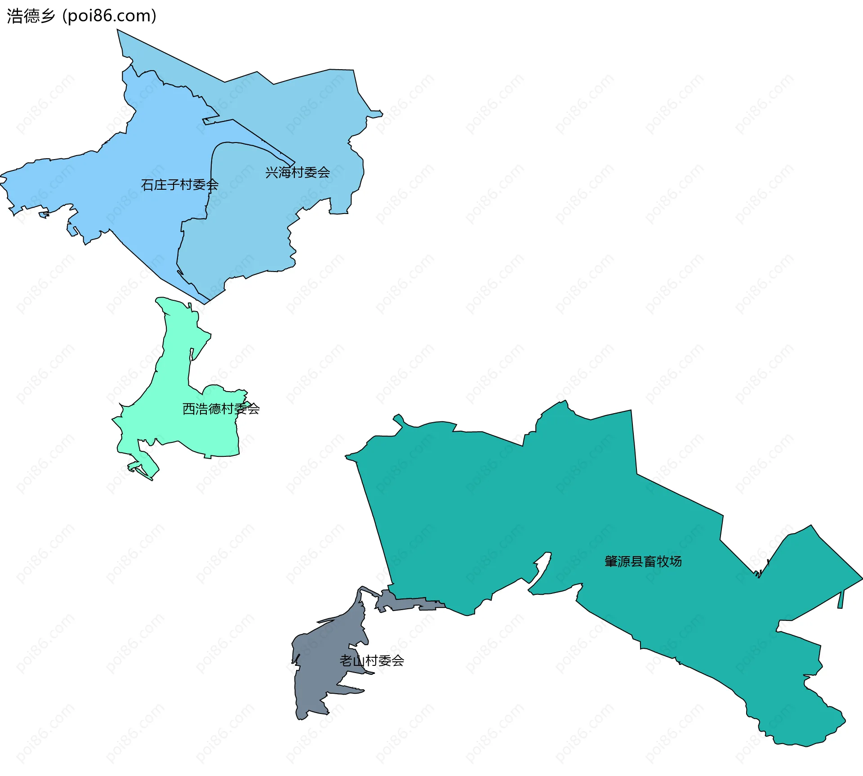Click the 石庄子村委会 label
point(179,185)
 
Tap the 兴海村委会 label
point(297,173)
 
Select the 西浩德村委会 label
point(221,409)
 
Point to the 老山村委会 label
point(372,661)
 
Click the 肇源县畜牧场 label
point(643,562)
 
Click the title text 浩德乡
point(31,16)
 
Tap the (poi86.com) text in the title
point(109,16)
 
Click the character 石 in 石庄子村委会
point(147,185)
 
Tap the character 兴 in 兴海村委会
point(271,173)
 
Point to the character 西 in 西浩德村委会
point(189,409)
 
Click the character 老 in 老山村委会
point(346,661)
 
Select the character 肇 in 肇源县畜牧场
point(611,562)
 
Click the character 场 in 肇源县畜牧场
point(675,562)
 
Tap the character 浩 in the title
point(15,16)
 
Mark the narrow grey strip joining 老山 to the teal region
point(405,603)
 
